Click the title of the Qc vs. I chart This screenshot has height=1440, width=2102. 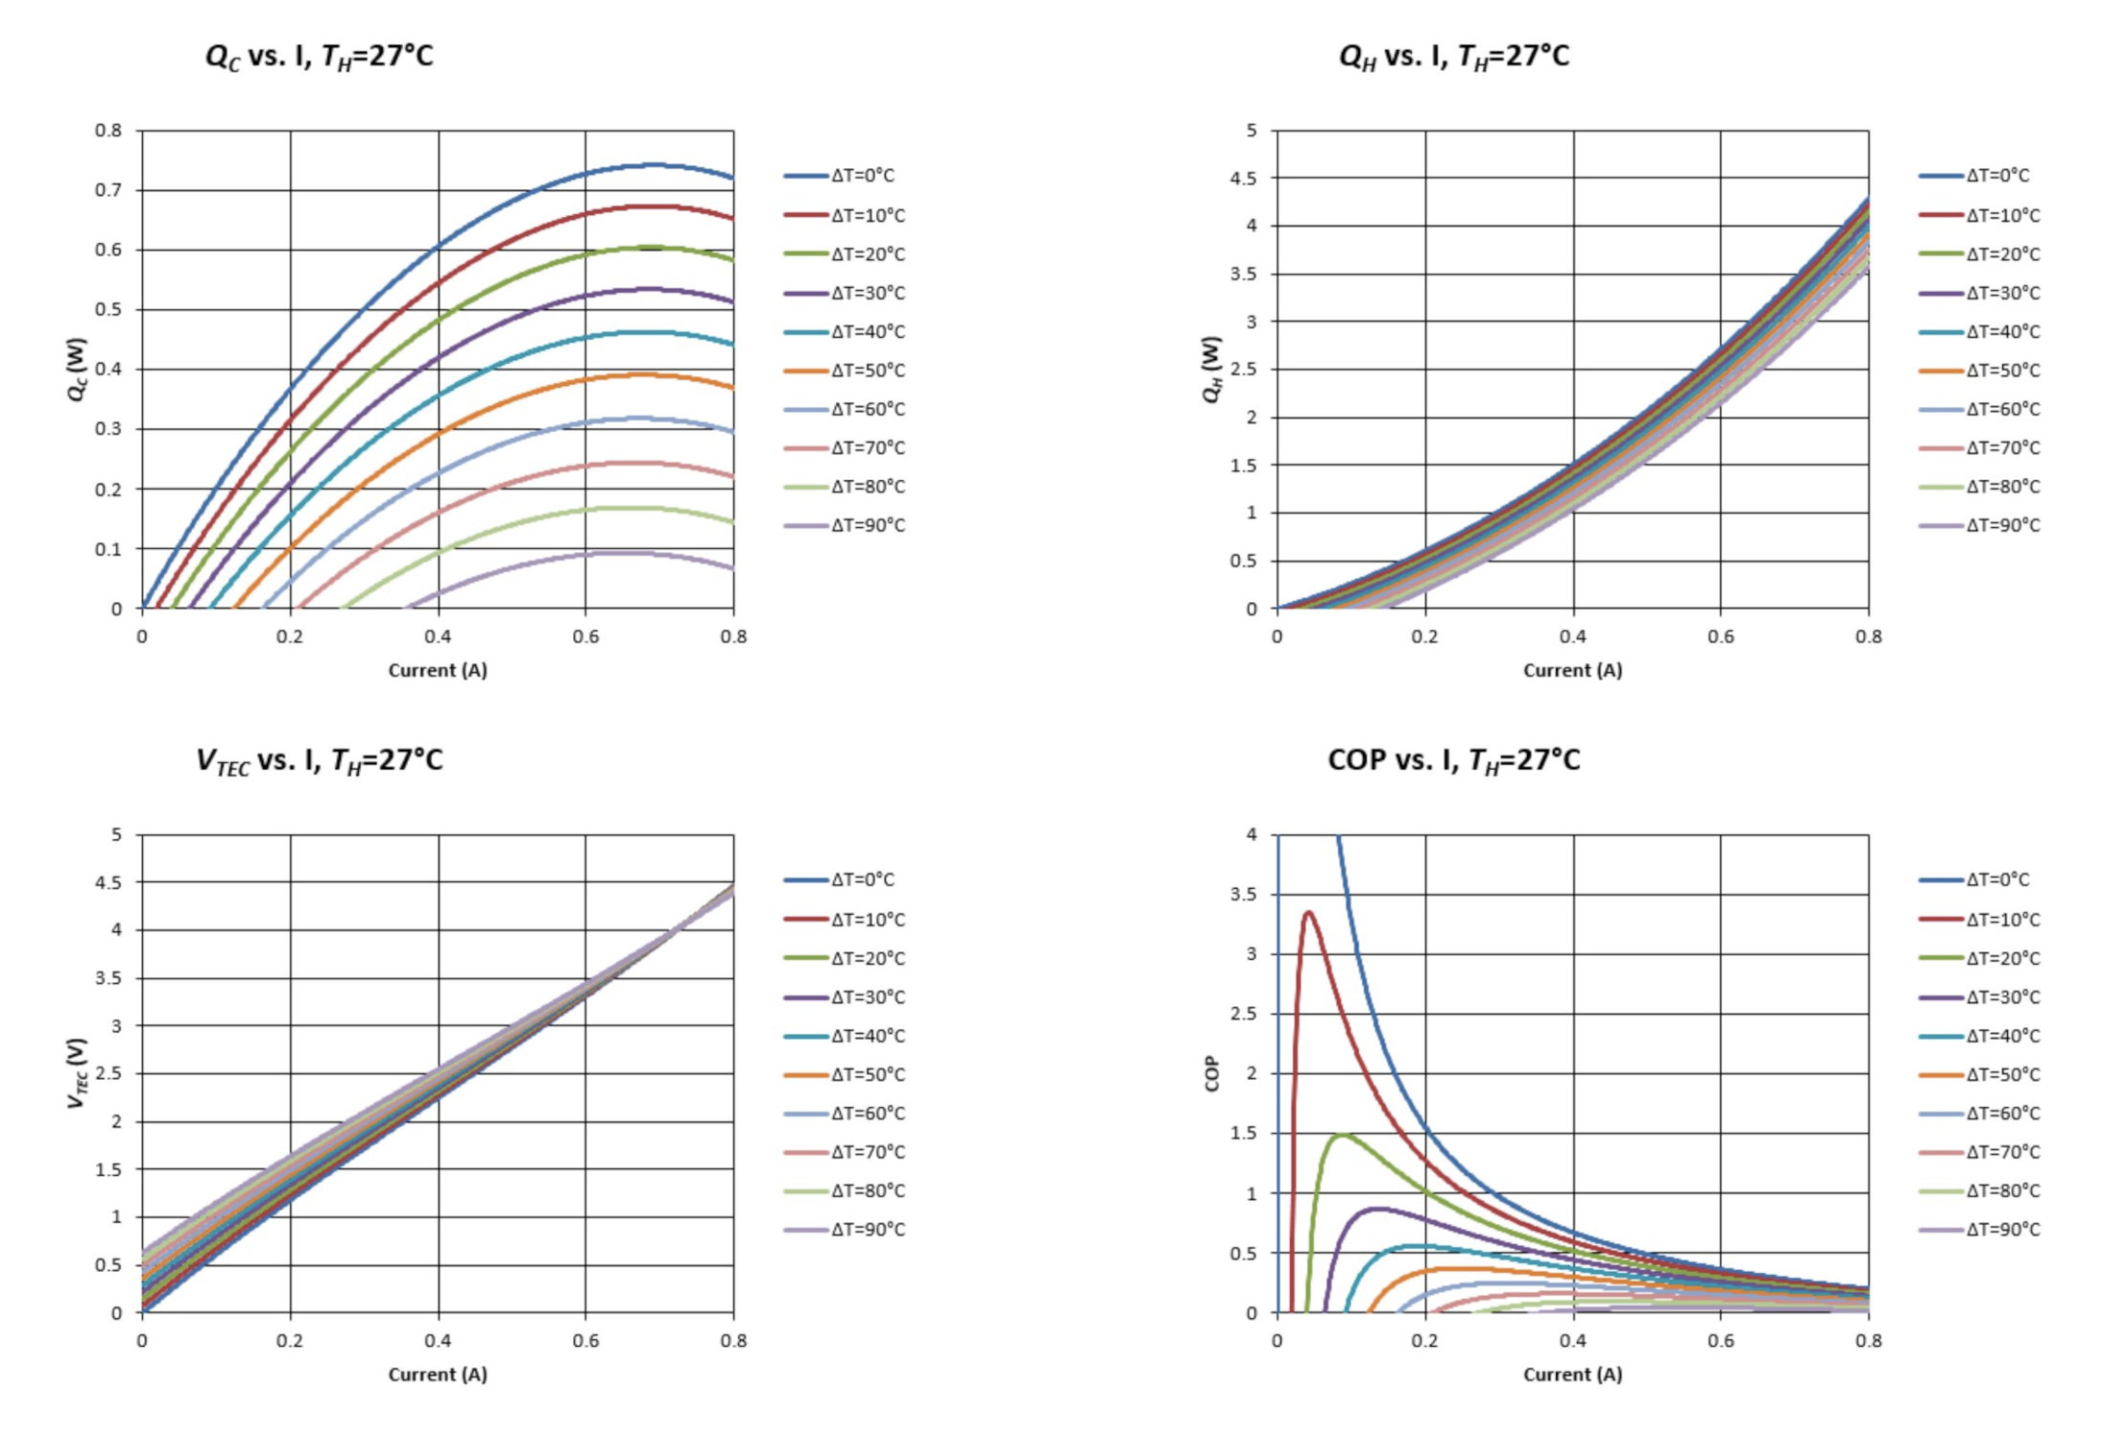(319, 57)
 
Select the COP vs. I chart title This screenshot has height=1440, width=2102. (1453, 760)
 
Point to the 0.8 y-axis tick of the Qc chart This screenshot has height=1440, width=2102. (108, 131)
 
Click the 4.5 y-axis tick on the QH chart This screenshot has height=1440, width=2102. (1243, 179)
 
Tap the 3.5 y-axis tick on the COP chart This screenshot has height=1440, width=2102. (1243, 895)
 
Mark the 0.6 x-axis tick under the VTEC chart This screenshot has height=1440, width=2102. (585, 1340)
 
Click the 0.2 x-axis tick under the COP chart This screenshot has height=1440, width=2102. (1425, 1340)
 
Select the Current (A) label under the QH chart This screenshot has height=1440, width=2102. (1572, 670)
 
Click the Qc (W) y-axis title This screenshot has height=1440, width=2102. (77, 370)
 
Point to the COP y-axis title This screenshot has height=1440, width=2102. (1211, 1073)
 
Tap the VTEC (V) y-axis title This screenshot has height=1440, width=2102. (77, 1073)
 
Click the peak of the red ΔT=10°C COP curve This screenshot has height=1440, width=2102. (1307, 912)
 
